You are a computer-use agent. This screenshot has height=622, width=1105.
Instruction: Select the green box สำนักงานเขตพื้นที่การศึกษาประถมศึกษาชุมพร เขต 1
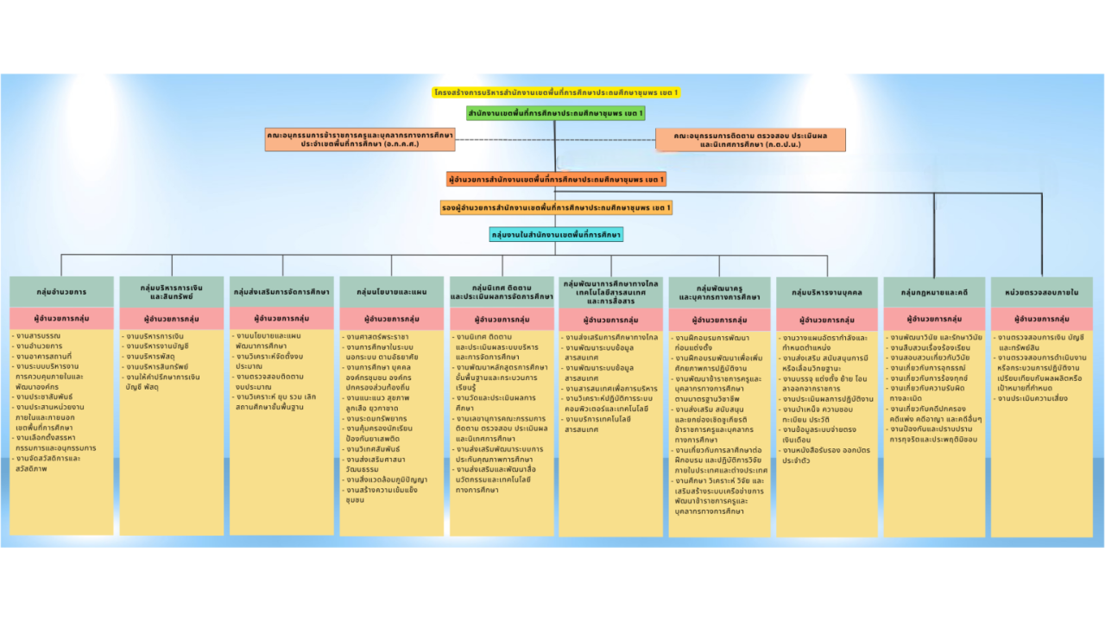(x=555, y=113)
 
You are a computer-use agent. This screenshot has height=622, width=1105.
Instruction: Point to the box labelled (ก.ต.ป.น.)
(x=750, y=140)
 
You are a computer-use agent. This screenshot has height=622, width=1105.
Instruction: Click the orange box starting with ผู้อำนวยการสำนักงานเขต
(x=555, y=180)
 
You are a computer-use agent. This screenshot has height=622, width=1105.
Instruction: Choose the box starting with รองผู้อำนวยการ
(x=556, y=207)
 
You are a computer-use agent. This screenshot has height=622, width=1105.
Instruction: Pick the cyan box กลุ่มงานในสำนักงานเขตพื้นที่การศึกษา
(x=556, y=234)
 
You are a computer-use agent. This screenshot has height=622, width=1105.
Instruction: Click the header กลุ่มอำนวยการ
(x=61, y=292)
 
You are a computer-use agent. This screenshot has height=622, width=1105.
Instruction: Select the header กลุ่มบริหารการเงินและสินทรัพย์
(x=172, y=292)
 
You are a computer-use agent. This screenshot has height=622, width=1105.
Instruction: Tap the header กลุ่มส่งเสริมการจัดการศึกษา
(x=281, y=292)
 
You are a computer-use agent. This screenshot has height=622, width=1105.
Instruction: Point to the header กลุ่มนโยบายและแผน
(x=391, y=292)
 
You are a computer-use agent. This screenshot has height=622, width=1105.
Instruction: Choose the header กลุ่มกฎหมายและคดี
(x=934, y=292)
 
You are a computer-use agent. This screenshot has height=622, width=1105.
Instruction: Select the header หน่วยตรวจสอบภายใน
(x=1041, y=292)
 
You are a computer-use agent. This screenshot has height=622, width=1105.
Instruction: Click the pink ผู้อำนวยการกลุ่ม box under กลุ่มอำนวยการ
(x=61, y=318)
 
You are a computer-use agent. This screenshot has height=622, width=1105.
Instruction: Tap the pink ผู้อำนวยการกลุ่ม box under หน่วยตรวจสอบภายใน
(x=1041, y=319)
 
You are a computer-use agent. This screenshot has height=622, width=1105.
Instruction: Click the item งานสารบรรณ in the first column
(x=39, y=334)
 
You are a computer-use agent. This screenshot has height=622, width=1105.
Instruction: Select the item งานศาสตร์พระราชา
(x=376, y=336)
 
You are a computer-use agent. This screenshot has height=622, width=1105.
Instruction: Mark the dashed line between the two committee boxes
(x=556, y=139)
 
